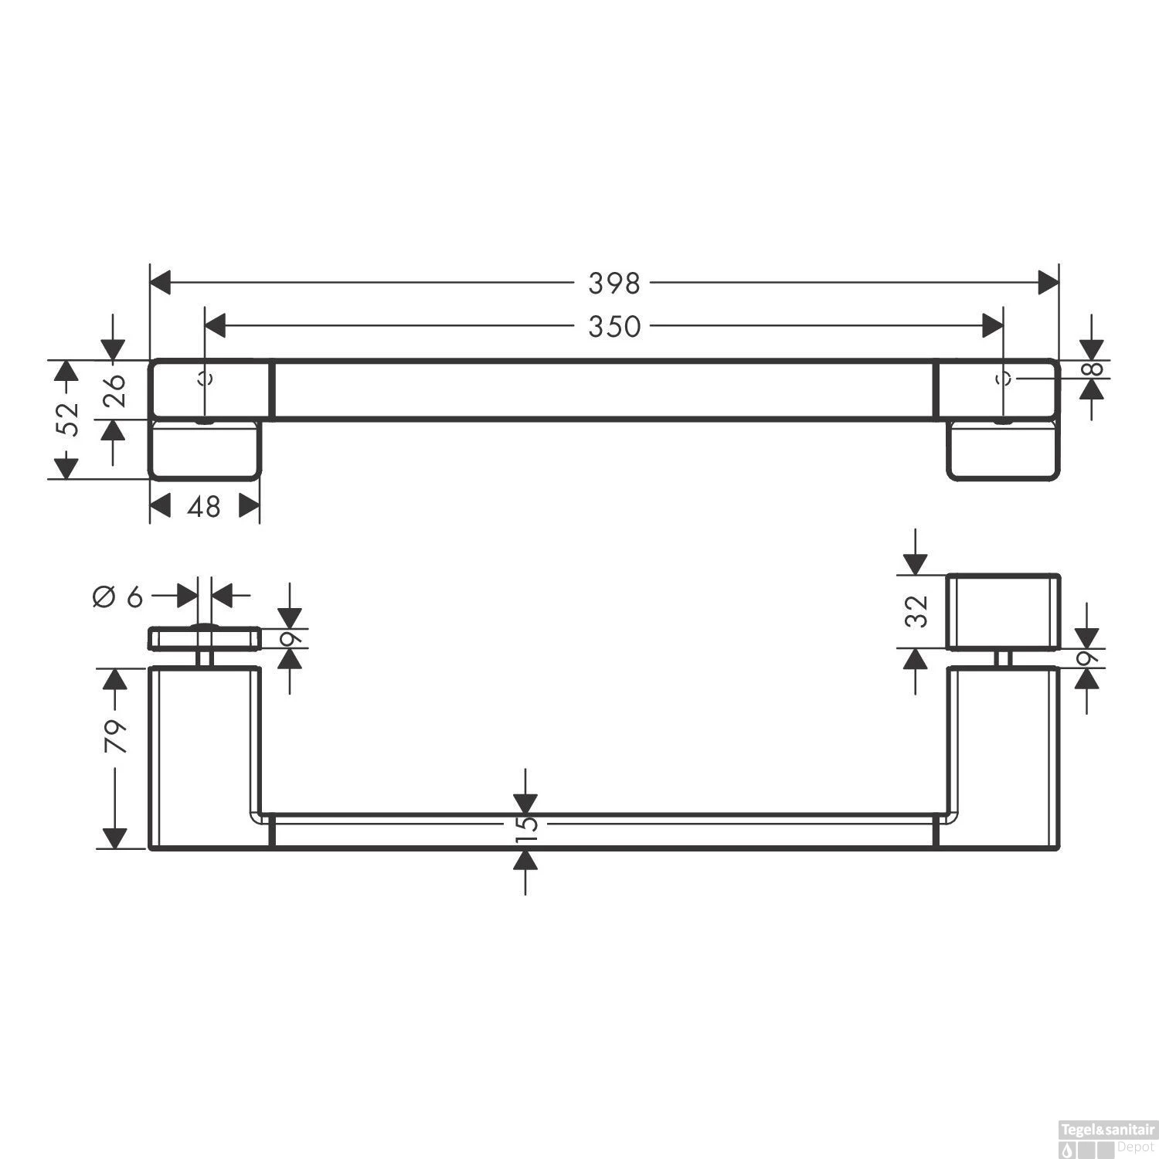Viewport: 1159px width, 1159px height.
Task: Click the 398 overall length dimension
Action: [614, 284]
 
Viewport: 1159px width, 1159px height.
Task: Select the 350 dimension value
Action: [614, 327]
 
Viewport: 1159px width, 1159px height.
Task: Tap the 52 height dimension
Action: [70, 420]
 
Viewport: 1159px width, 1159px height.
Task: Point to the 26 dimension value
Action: [113, 390]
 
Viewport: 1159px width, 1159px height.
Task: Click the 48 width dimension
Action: [204, 507]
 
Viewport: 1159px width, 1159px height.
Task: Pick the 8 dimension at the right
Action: [1092, 369]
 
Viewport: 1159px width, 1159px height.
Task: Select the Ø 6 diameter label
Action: [118, 596]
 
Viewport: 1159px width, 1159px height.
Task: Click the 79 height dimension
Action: [115, 736]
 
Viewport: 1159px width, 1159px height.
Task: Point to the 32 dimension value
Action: [916, 612]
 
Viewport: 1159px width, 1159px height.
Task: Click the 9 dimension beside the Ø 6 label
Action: [290, 638]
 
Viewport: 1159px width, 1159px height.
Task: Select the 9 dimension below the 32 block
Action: [1087, 658]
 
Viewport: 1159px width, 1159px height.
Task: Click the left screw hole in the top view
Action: [205, 379]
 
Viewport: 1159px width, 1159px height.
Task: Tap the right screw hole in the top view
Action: [1004, 379]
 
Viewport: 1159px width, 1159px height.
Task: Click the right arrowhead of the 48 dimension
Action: [249, 507]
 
